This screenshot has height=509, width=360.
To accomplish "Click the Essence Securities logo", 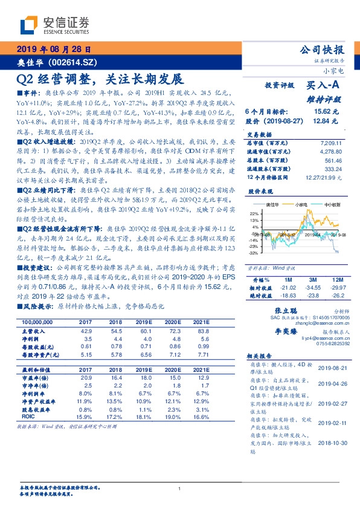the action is click(x=54, y=25).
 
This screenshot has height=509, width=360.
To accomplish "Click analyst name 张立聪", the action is click(x=276, y=308).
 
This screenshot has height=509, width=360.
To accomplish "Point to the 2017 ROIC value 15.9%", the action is click(x=85, y=417).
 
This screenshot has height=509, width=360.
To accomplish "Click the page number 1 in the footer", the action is click(x=180, y=488).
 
